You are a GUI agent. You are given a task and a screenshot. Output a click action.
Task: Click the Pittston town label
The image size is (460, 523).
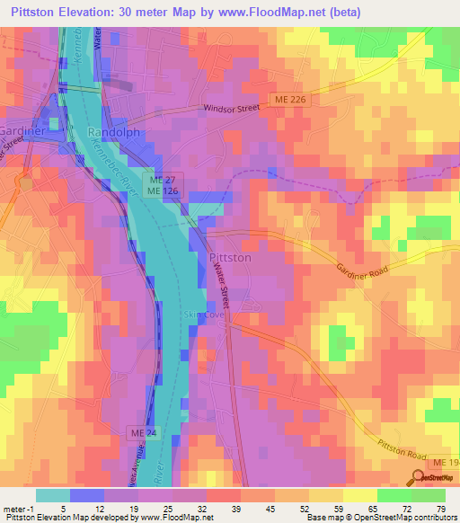[229, 257]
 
